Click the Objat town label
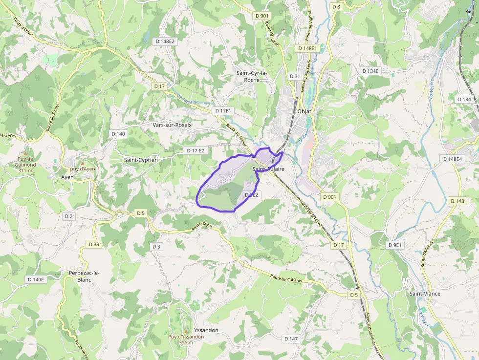304,111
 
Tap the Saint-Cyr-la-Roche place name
252,77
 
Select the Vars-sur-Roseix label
173,125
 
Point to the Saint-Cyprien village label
140,160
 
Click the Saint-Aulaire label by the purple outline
268,169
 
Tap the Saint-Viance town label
424,294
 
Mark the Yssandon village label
206,330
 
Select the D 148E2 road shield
165,42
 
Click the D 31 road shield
295,76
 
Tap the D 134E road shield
370,71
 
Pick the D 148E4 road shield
453,159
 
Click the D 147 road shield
291,339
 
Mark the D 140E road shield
35,279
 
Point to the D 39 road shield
94,244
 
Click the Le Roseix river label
187,99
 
